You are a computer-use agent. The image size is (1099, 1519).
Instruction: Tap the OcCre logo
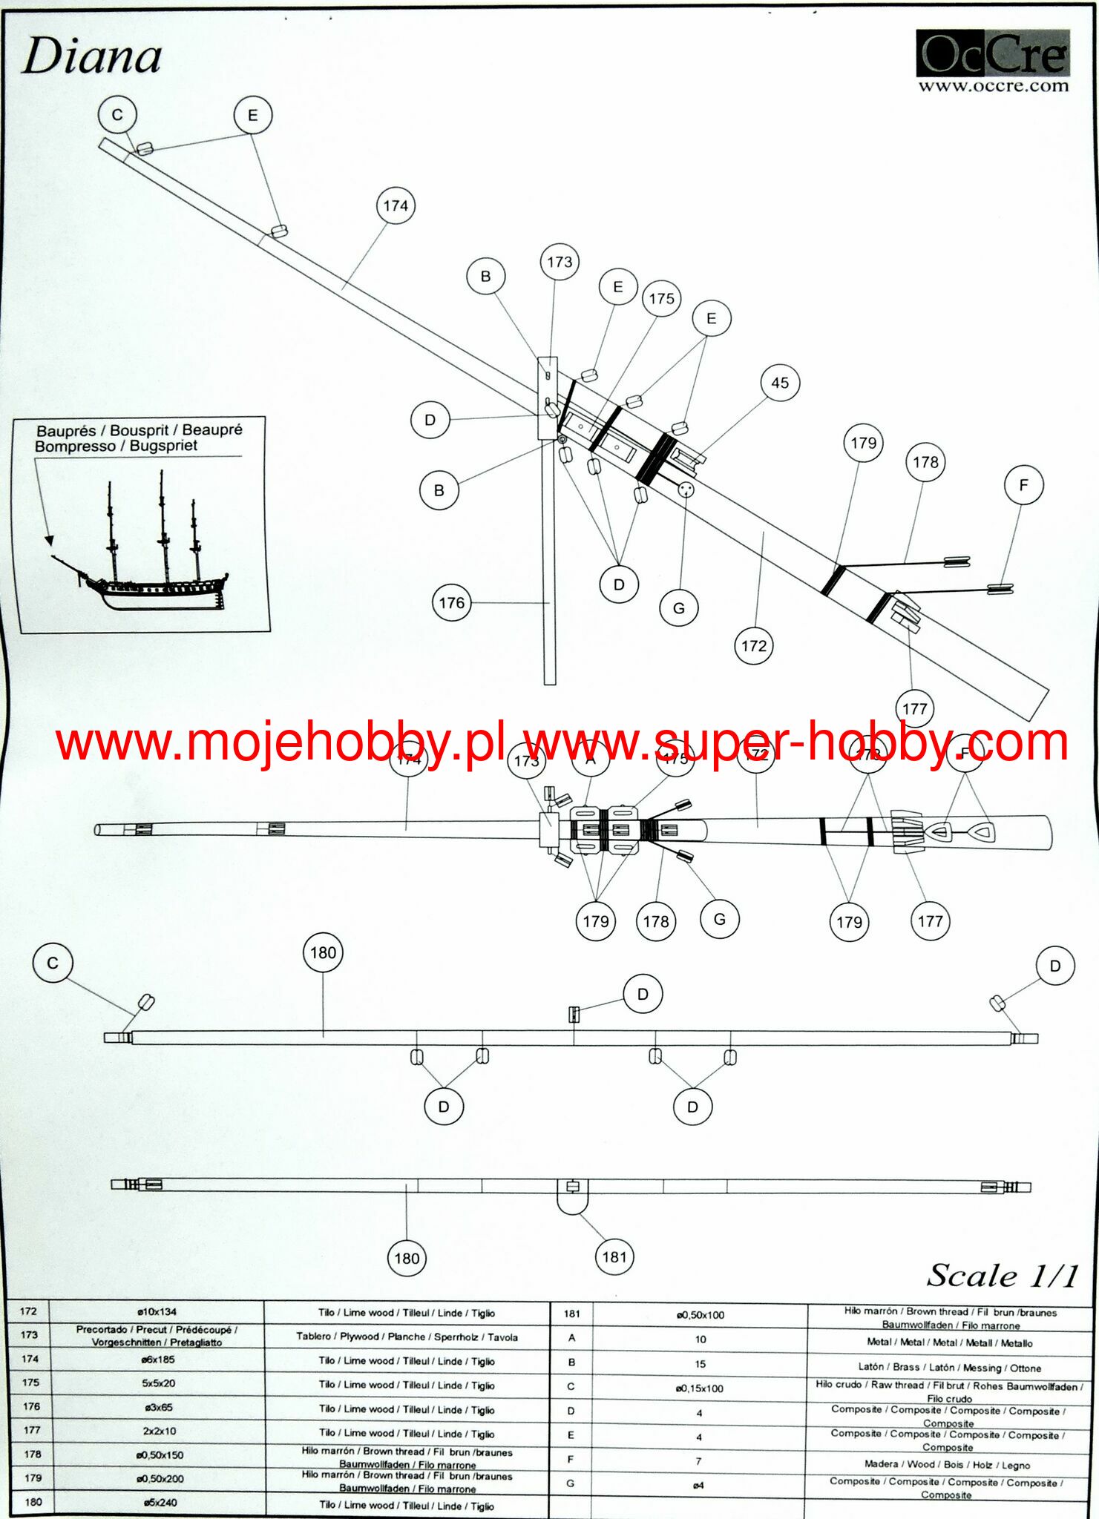click(x=992, y=53)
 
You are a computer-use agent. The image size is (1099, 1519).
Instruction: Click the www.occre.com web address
click(x=993, y=86)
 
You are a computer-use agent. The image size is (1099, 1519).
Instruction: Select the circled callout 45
click(x=780, y=383)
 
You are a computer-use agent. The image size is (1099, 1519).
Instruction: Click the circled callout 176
click(x=452, y=603)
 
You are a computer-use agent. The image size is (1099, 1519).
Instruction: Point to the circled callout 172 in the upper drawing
click(x=754, y=646)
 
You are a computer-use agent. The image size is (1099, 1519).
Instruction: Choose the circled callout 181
click(x=614, y=1256)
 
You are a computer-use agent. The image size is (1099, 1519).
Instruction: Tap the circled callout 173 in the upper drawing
click(x=560, y=262)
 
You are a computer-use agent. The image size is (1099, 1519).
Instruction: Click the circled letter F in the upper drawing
click(x=1023, y=485)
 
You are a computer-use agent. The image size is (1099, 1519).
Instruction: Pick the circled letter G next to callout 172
click(x=679, y=608)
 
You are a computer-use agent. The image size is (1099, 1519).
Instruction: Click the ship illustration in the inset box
click(x=141, y=549)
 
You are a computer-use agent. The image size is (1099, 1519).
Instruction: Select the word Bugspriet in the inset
click(x=163, y=446)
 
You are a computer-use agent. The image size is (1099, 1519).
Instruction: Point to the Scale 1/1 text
click(x=1002, y=1276)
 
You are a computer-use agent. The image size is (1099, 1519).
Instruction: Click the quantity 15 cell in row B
click(x=700, y=1364)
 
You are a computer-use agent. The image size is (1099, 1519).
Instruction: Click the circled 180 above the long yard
click(x=323, y=953)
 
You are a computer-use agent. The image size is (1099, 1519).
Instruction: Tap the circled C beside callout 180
click(x=53, y=963)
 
